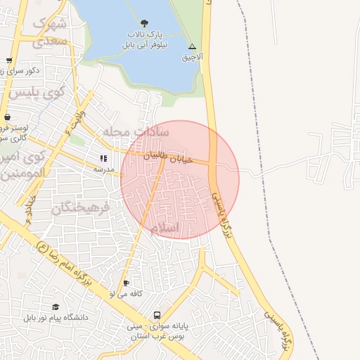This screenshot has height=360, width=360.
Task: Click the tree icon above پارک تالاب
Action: tap(145, 23)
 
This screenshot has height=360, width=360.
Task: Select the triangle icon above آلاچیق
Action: tap(192, 46)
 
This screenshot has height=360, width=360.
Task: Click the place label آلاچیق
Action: tap(192, 56)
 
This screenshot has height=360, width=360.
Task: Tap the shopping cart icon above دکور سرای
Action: tap(8, 60)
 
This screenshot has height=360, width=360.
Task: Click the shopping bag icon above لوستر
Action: tap(7, 117)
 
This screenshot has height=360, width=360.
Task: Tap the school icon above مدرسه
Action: tap(104, 159)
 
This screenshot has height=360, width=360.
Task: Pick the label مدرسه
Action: tap(104, 169)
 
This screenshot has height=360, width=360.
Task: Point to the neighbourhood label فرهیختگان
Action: tap(82, 207)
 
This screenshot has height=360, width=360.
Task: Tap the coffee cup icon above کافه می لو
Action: tap(126, 283)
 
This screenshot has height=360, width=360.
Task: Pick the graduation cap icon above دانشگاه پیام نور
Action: tap(56, 307)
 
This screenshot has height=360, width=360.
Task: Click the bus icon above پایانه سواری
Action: tap(157, 316)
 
